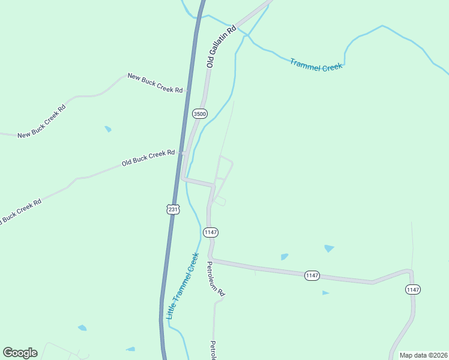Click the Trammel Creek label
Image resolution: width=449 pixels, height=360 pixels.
pos(316,64)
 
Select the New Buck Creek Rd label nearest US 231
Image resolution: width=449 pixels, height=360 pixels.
pos(155,83)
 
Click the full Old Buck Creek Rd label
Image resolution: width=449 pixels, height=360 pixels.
pos(148,158)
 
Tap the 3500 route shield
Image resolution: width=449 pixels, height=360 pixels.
pos(199,113)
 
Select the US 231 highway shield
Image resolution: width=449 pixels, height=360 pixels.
pos(173,209)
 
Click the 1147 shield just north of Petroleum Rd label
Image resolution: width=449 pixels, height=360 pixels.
pos(210,232)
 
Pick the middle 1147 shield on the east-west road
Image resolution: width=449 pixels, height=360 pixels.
pos(312,275)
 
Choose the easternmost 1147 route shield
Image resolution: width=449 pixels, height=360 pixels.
pos(412,289)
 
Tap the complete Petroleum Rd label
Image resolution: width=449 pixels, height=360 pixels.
pos(216,279)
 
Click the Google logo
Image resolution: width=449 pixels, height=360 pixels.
pos(20,353)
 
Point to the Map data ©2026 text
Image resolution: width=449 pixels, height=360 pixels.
pos(423,355)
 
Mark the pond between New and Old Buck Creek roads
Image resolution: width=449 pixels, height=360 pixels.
pos(108,129)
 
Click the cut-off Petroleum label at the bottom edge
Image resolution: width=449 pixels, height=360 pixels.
pos(212,350)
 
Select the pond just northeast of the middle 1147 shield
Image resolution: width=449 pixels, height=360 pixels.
pos(329,248)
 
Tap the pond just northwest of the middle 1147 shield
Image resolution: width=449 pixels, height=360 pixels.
pos(285,257)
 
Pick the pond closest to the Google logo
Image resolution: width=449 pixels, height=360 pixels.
pos(82,328)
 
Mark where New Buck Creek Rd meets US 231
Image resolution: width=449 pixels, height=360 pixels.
pos(187,91)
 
